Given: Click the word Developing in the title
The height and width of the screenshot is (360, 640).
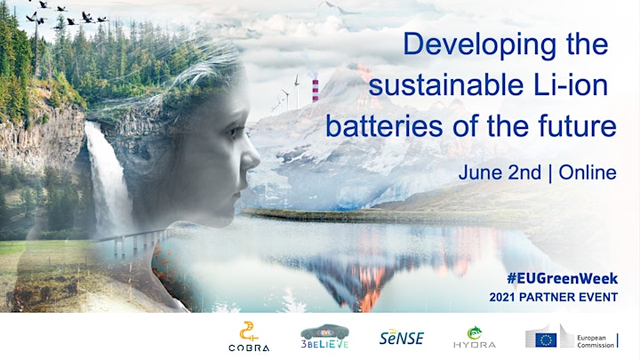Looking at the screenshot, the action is pos(480,45).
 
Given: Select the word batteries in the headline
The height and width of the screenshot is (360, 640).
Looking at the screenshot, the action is pos(384,125).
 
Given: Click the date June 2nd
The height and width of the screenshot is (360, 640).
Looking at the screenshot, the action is pos(500,172).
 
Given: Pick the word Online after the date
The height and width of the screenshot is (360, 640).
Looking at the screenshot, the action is pos(588,172).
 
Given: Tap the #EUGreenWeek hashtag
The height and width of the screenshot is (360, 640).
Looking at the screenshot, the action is pos(562,279).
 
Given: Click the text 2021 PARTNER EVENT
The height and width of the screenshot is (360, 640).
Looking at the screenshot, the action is pos(554,297).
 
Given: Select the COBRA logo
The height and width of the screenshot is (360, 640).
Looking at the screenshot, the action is pos(249,336).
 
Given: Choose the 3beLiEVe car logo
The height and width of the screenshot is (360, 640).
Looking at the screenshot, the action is pos(325,336).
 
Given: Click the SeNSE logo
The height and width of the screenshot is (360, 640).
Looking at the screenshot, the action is pos(402,337).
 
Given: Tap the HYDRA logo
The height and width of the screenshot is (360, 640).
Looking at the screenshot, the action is pos(475,338).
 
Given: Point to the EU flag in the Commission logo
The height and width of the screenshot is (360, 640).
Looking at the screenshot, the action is pos(546,340).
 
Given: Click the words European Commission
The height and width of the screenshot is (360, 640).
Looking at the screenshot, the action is pos(596,341).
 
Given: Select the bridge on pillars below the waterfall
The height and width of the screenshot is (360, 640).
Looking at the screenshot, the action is pos(135,242).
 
